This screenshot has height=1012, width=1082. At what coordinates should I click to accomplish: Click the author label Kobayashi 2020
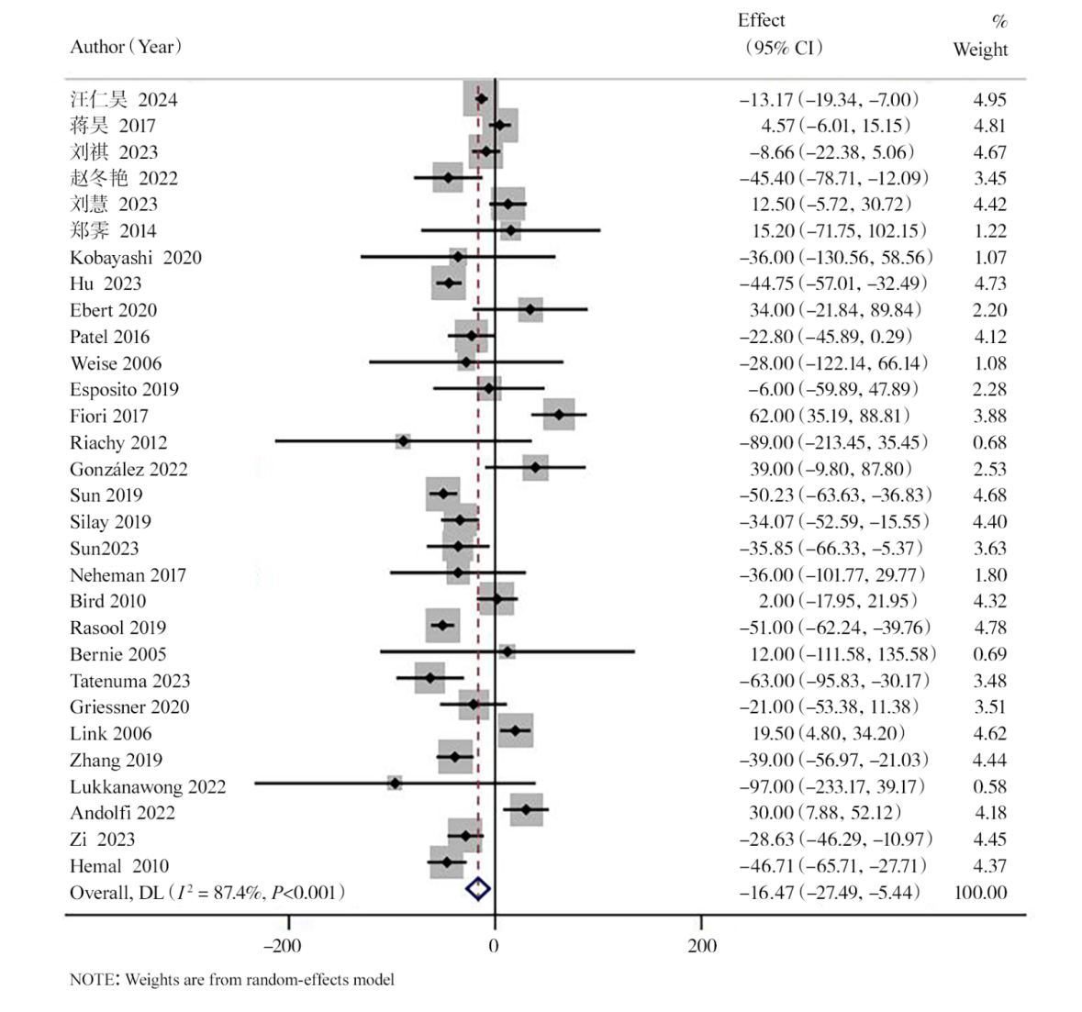[x=135, y=258]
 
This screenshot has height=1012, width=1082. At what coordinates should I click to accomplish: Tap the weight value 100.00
[x=980, y=892]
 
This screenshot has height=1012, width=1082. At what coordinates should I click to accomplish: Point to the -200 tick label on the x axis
[x=282, y=946]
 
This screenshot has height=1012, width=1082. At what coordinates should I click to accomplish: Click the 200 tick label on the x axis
[x=702, y=946]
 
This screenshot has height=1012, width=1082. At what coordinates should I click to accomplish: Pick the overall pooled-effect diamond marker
[x=478, y=889]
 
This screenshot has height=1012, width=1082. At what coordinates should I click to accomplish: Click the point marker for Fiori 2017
[x=559, y=416]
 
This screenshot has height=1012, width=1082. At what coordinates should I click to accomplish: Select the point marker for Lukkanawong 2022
[x=395, y=784]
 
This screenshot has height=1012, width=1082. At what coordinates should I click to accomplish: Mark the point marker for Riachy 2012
[x=403, y=442]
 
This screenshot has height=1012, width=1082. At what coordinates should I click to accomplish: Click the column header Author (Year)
[x=126, y=47]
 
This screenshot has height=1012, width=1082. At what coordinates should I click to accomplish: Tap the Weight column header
[x=980, y=50]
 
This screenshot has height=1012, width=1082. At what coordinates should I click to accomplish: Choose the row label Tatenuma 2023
[x=129, y=681]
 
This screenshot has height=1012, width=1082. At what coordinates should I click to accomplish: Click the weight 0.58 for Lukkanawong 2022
[x=989, y=786]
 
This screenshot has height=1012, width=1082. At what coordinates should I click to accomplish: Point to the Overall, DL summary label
[x=207, y=892]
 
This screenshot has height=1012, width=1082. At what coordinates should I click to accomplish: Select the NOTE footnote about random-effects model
[x=232, y=979]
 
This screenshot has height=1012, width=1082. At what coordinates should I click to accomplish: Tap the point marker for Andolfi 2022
[x=526, y=810]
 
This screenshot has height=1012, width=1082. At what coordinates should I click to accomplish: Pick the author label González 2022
[x=128, y=470]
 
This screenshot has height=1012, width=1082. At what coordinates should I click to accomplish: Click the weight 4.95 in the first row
[x=989, y=100]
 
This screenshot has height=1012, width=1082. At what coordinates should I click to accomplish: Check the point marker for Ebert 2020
[x=530, y=310]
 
